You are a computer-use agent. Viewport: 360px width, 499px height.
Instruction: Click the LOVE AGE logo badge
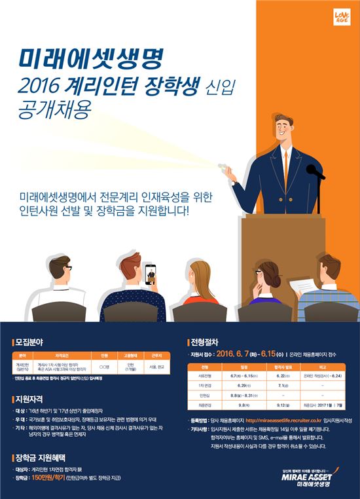pyautogui.click(x=342, y=18)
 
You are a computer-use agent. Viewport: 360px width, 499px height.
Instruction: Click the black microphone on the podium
pyautogui.click(x=315, y=172)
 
